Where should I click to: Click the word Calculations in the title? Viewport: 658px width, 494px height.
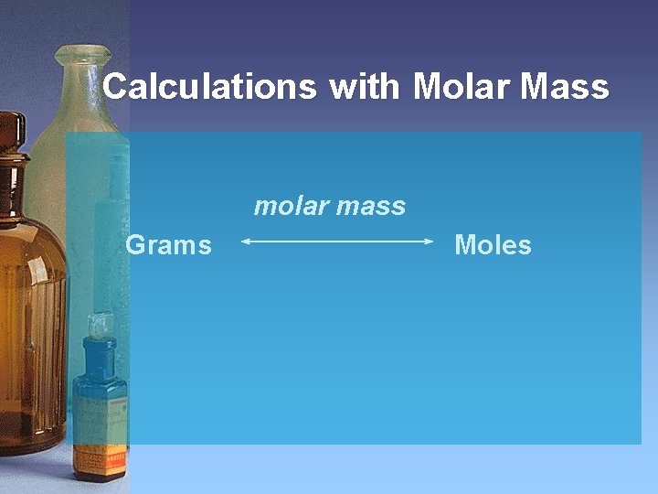[209, 87]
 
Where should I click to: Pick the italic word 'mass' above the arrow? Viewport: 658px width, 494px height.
[370, 207]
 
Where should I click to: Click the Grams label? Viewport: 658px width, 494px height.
[168, 245]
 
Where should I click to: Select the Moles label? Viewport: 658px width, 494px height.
[493, 245]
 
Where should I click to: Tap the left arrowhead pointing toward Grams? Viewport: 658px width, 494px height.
[245, 242]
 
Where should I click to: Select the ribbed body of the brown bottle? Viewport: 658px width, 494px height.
[32, 320]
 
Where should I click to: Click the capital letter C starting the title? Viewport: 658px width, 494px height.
[116, 87]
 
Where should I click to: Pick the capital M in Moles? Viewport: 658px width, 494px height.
[465, 245]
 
